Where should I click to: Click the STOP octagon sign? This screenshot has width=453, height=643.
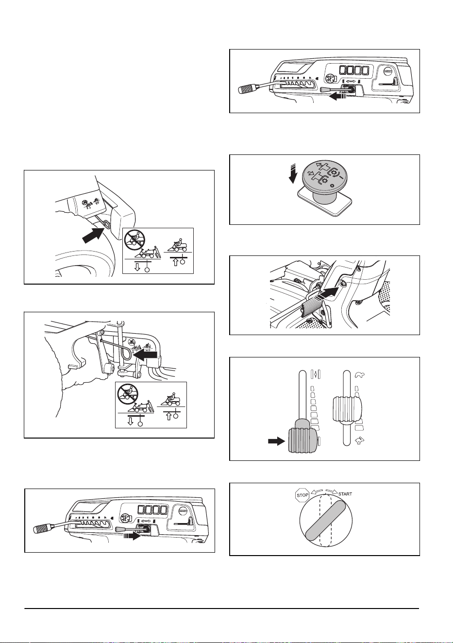pyautogui.click(x=302, y=495)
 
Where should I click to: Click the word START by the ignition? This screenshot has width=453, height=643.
pyautogui.click(x=345, y=494)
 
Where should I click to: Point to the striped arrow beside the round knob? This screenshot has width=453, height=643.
pyautogui.click(x=293, y=174)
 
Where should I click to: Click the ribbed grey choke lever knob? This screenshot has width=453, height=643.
pyautogui.click(x=302, y=440)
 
